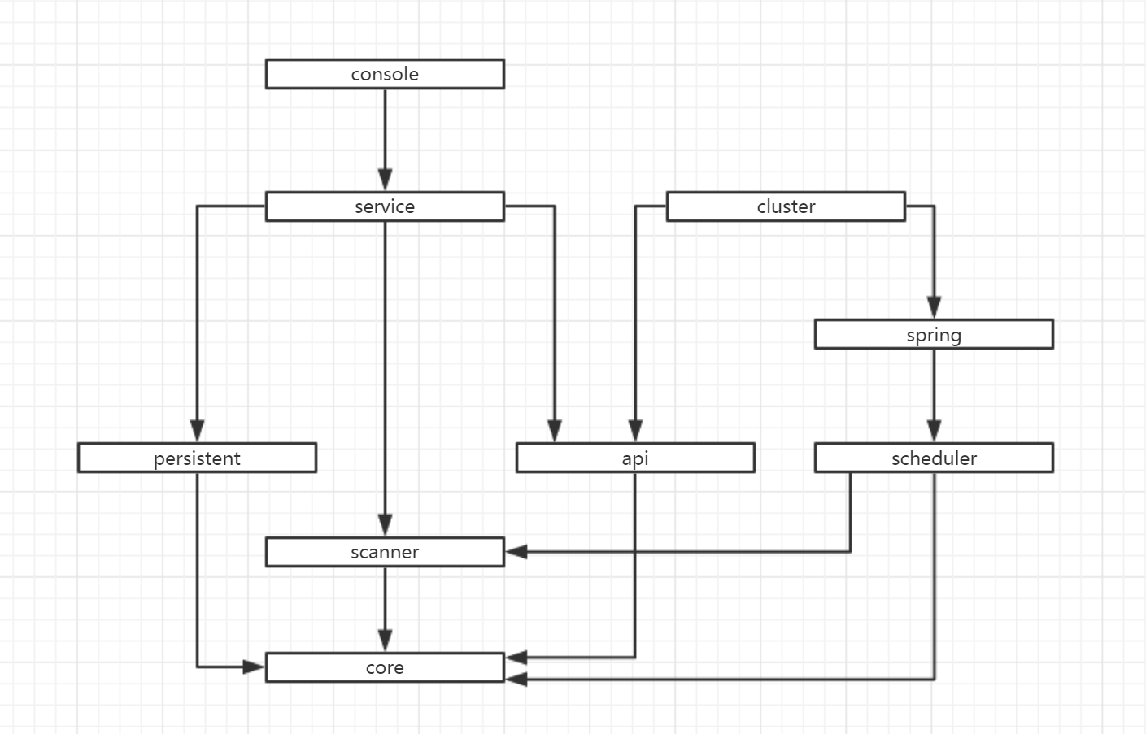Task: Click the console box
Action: [x=385, y=74]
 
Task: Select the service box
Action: [x=385, y=206]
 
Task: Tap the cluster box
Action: [x=786, y=206]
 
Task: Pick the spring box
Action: [x=934, y=335]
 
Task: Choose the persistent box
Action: [x=197, y=458]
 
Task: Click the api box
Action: [x=635, y=458]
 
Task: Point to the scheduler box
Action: [x=934, y=458]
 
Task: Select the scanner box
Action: [x=385, y=553]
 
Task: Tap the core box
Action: [x=385, y=668]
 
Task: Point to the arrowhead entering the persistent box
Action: [x=197, y=431]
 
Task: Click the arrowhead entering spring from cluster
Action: [x=934, y=307]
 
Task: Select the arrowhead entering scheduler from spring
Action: [x=934, y=431]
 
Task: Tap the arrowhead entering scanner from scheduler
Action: [x=516, y=552]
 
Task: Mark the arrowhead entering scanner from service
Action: [x=385, y=525]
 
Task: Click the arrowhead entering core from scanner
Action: [x=385, y=641]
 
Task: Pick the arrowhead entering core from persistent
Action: [x=255, y=667]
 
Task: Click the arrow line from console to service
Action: [x=385, y=130]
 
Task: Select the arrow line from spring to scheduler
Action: [x=934, y=386]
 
